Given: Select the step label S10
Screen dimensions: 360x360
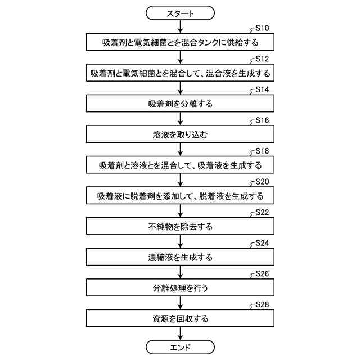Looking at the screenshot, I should click(x=263, y=28).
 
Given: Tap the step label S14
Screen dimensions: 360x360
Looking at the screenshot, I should click(x=263, y=89).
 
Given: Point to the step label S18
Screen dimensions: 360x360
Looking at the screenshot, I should click(x=263, y=151).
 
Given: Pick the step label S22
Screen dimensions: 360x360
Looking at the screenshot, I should click(x=263, y=213).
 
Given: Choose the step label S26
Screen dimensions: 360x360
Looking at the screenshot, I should click(x=263, y=274).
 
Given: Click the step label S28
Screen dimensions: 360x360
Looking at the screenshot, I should click(x=263, y=304).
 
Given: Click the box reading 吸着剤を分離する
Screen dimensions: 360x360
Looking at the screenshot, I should click(x=180, y=104).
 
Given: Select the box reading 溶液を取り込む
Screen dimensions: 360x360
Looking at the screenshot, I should click(x=180, y=135).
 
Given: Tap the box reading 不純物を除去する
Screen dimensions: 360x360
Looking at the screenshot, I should click(x=180, y=227).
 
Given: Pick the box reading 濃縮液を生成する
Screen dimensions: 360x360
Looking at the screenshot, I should click(x=180, y=258).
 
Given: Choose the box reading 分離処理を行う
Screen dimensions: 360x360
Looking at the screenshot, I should click(x=180, y=289).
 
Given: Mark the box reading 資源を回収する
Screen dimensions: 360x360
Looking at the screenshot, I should click(x=180, y=319).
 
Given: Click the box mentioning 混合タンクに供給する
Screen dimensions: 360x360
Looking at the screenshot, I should click(x=180, y=42).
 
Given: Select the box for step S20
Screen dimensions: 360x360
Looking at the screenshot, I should click(x=180, y=196).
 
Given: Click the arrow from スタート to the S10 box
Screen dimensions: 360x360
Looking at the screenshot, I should click(x=180, y=26).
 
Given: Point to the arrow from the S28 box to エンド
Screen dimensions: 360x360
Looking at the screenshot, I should click(x=180, y=334).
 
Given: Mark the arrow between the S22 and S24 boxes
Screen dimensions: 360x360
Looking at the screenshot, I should click(x=180, y=242).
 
